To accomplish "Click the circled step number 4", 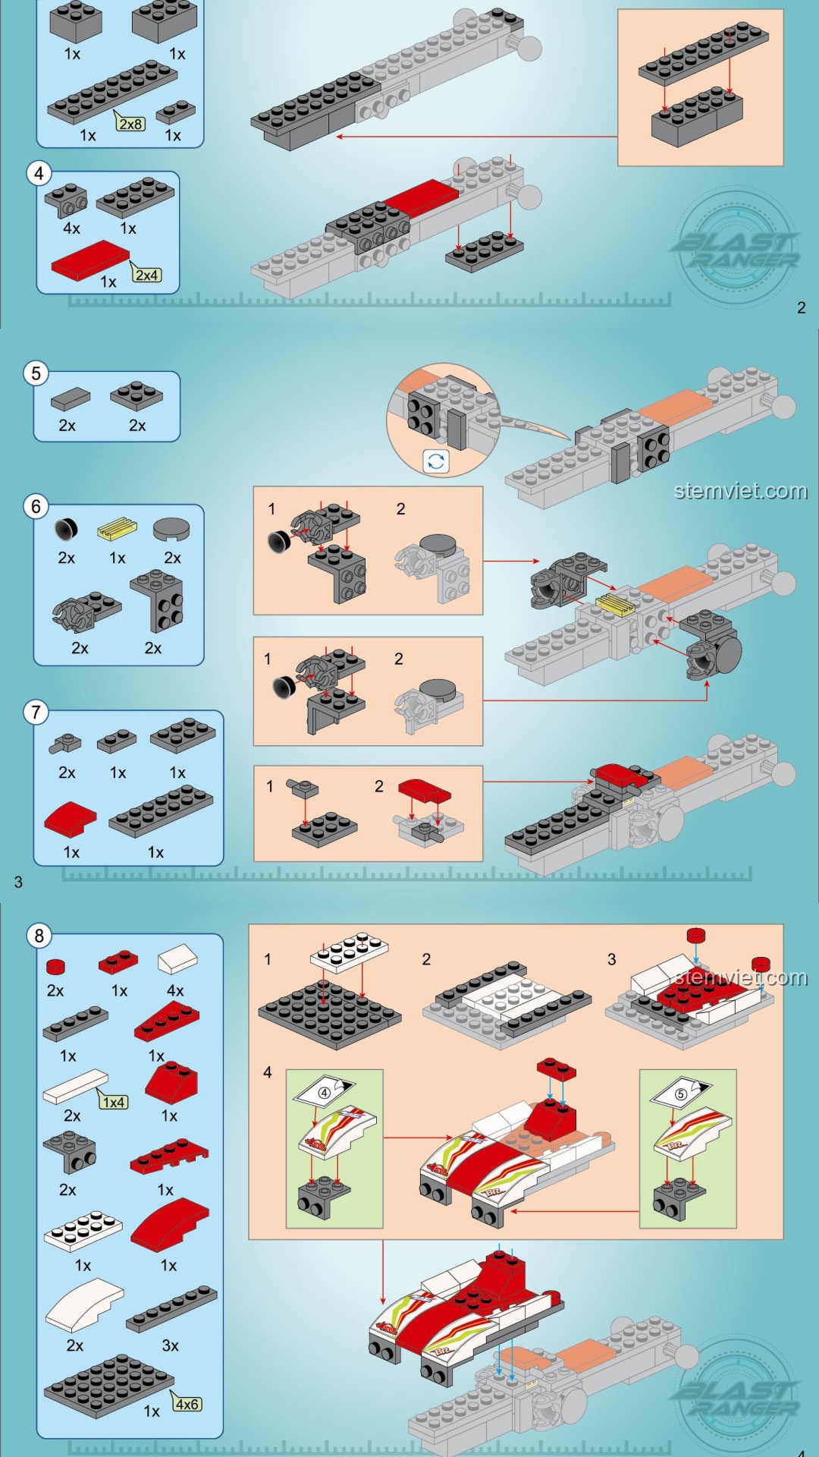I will click(39, 174).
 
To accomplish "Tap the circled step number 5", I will click(36, 373).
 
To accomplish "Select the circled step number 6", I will click(36, 506).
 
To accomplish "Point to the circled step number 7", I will click(36, 713).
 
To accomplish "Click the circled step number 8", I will click(39, 936).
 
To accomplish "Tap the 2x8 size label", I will click(130, 124).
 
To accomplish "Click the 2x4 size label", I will click(147, 275).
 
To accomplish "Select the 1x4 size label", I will click(114, 1102).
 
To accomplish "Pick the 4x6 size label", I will click(187, 1405).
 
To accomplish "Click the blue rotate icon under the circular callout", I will click(436, 461).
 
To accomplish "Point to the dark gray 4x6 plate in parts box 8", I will click(108, 1385).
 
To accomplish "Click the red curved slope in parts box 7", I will click(70, 818).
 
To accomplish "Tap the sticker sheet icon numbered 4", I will click(325, 1093).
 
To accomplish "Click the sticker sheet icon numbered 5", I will click(681, 1094).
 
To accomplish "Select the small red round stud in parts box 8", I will click(55, 967).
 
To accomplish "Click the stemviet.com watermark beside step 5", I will click(740, 491).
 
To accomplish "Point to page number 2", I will click(801, 307).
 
